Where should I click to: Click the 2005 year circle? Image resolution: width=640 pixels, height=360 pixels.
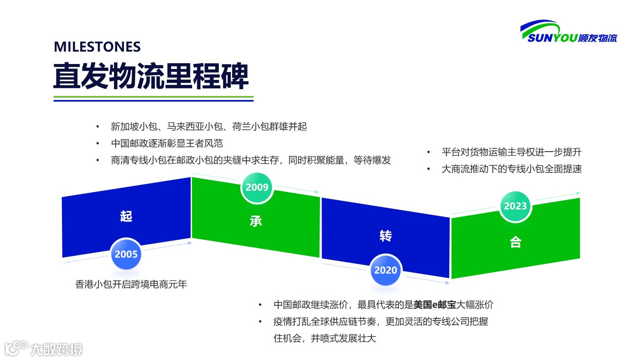pos(126,254)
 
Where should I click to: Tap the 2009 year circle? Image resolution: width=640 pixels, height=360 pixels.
pos(257,187)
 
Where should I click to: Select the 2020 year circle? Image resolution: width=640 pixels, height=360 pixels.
pos(386,270)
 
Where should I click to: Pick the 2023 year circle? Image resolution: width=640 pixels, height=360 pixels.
pos(515,206)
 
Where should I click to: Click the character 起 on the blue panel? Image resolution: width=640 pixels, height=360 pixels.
pos(126,216)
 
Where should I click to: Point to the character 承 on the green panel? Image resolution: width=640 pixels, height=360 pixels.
pos(256,221)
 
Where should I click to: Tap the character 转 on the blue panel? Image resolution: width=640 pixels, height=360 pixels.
pos(386,236)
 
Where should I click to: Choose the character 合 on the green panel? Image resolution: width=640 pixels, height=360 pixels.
pos(515,242)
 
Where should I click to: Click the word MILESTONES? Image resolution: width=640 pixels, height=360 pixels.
pos(97,47)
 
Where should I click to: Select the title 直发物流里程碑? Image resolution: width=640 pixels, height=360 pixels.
pos(151,76)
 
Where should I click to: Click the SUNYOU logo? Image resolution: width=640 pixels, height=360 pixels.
pos(568,32)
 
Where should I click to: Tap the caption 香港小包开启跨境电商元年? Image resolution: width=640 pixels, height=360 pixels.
pos(131,284)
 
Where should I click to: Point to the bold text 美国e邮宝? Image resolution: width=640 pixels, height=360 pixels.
pos(434,305)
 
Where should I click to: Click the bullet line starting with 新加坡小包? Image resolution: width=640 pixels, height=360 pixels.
pos(208,127)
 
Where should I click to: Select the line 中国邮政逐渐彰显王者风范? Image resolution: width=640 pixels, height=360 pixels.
pos(167,143)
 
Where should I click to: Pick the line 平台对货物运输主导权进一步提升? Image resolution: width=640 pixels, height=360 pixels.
pos(511,152)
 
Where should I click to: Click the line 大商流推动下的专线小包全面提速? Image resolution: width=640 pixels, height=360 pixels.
pos(511,169)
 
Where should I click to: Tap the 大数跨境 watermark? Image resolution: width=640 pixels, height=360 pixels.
pos(44,349)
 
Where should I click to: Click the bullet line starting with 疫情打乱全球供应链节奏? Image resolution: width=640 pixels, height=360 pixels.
pos(380,322)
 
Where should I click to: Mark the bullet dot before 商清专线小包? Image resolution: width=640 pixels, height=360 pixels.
pos(98,160)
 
